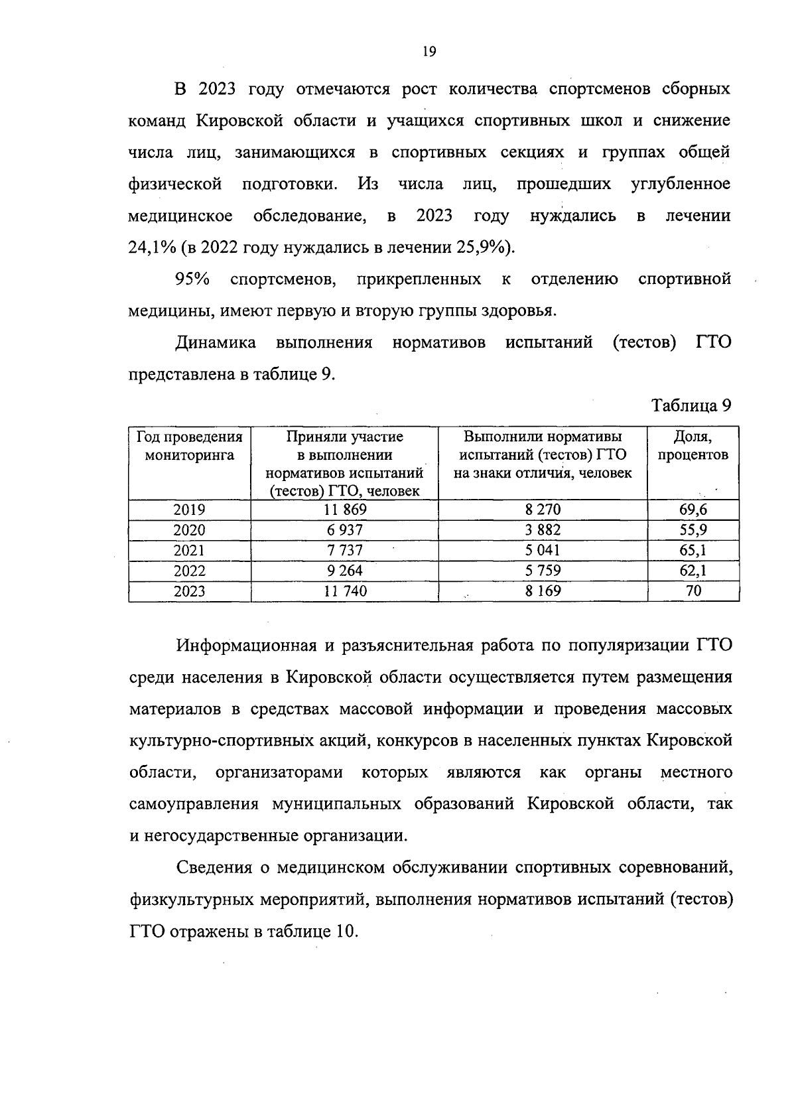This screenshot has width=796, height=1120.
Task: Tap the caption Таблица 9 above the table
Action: [x=691, y=405]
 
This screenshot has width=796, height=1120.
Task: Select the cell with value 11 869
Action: [x=345, y=510]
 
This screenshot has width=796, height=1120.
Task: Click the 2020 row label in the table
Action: [x=189, y=530]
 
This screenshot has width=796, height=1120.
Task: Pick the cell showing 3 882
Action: [x=543, y=530]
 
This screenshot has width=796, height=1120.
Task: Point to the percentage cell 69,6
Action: [x=693, y=510]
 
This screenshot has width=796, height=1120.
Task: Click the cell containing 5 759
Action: [x=543, y=571]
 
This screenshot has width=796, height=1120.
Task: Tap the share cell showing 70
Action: [x=693, y=591]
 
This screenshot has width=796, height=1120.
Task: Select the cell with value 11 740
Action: [x=345, y=591]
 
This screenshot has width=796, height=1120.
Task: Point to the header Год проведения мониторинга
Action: [x=190, y=446]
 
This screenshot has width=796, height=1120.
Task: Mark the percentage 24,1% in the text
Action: [x=151, y=247]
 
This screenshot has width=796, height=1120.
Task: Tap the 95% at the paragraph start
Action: [x=192, y=279]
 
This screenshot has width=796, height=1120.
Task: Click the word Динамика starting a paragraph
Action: [x=216, y=343]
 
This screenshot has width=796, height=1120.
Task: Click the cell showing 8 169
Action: [x=543, y=591]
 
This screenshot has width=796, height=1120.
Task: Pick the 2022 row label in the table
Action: [x=189, y=571]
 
